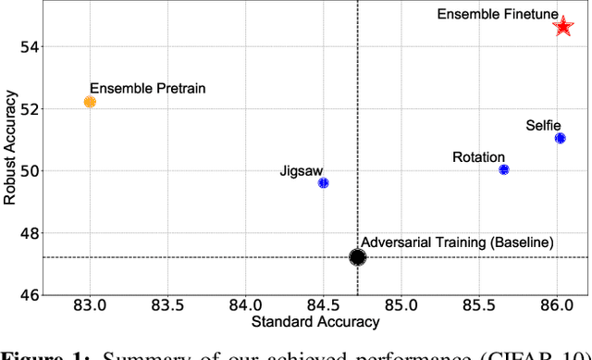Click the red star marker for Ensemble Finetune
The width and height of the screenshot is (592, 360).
click(x=562, y=26)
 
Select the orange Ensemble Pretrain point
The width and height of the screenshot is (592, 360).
click(x=90, y=102)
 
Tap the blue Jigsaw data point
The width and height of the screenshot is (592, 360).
click(x=323, y=183)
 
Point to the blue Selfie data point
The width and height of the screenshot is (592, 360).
click(x=560, y=139)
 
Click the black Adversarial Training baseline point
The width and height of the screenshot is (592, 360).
click(x=358, y=257)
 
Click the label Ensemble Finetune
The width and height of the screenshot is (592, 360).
click(x=499, y=14)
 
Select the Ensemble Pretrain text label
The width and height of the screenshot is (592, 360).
click(x=148, y=88)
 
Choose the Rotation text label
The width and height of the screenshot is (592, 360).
click(x=479, y=157)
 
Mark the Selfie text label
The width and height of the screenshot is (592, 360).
click(x=543, y=125)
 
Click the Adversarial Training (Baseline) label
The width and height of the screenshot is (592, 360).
click(x=457, y=242)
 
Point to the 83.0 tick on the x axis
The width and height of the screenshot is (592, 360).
click(x=90, y=305)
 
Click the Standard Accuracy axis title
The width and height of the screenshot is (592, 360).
click(x=315, y=321)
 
